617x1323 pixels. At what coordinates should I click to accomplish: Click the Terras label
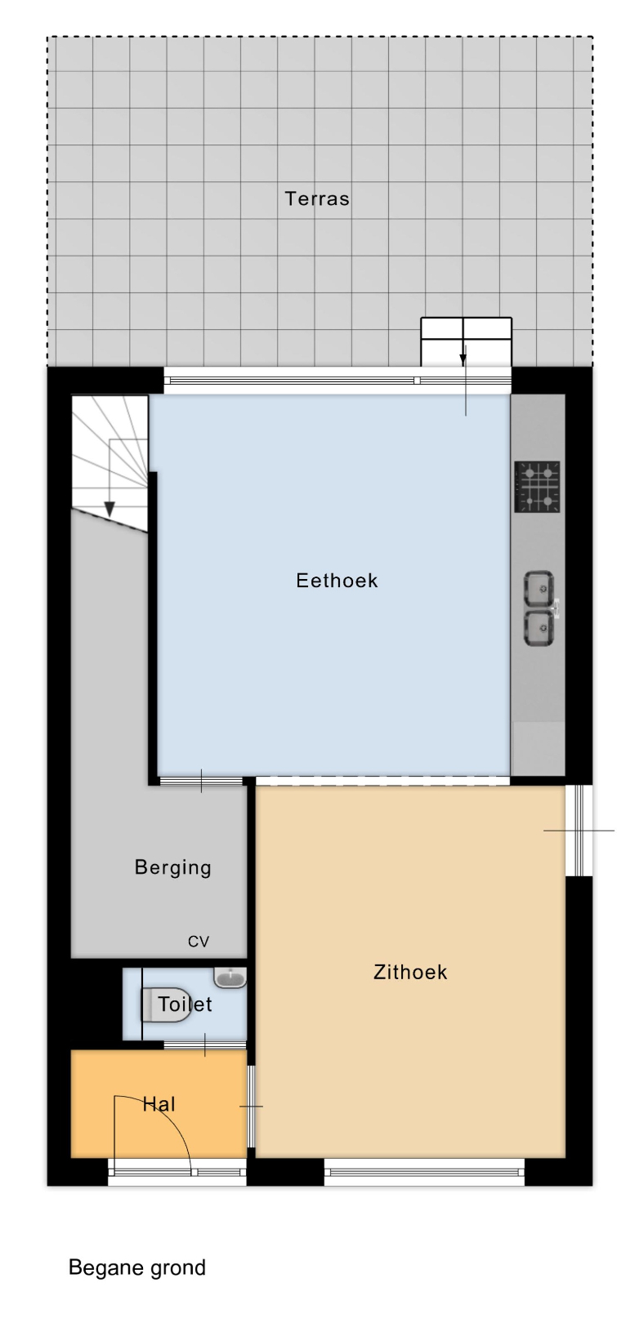click(317, 198)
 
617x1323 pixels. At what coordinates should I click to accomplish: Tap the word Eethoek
click(337, 581)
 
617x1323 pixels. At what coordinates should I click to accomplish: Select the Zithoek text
click(410, 972)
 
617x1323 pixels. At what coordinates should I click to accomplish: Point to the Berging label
click(172, 867)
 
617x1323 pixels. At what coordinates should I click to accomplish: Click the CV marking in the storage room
click(199, 942)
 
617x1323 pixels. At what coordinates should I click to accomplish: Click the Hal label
click(159, 1104)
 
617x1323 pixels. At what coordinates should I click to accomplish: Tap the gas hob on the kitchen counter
click(537, 488)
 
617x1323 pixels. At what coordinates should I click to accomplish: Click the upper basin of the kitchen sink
click(539, 588)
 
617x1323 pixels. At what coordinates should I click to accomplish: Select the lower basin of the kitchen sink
click(539, 629)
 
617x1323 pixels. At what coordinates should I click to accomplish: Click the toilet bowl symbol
click(166, 1004)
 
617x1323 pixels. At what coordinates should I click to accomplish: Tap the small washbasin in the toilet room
click(230, 978)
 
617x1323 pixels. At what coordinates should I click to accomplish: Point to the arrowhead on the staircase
click(110, 509)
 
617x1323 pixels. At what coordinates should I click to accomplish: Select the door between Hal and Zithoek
click(251, 1107)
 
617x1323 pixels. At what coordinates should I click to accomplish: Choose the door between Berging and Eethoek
click(202, 782)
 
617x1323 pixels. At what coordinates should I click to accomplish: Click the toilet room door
click(205, 1045)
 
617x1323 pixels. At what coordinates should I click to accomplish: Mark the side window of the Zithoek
click(579, 831)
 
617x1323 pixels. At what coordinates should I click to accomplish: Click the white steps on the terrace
click(467, 342)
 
